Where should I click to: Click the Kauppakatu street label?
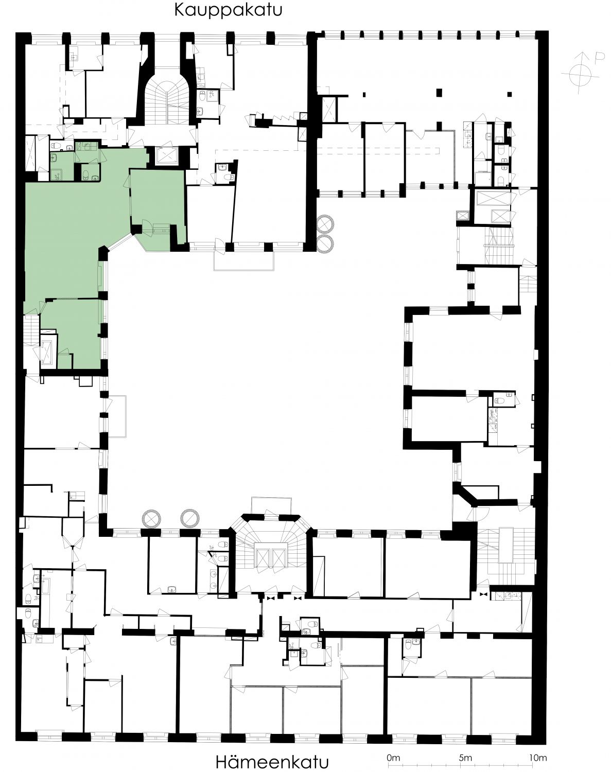[x=228, y=10]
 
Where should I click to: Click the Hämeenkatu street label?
[x=272, y=762]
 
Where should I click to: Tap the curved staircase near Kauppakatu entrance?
[x=167, y=102]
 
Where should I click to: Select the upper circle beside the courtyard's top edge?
[x=325, y=224]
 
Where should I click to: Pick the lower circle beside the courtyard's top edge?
[x=325, y=244]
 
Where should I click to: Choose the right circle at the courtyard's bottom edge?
[x=190, y=519]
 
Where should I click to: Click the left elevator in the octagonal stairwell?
[x=262, y=558]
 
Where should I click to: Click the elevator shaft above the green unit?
[x=166, y=156]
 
